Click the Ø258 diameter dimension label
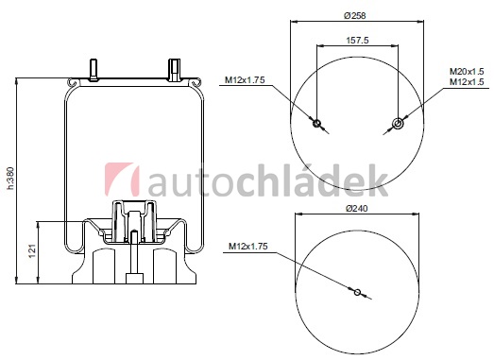[x=355, y=15]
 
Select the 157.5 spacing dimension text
[x=357, y=41]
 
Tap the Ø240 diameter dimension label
[x=357, y=209]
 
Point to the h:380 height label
[x=10, y=178]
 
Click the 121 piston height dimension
[x=33, y=251]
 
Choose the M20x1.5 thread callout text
[x=467, y=72]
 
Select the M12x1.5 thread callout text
[x=467, y=82]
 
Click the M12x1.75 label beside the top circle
[x=245, y=80]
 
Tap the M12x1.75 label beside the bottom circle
[x=248, y=247]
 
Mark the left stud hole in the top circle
[x=316, y=123]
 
